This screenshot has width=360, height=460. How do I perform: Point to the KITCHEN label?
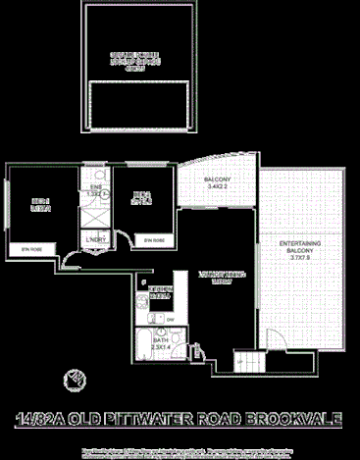[x=159, y=291]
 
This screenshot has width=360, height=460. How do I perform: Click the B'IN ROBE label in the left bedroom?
[x=27, y=252]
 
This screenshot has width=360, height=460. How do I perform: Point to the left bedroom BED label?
[x=40, y=206]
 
